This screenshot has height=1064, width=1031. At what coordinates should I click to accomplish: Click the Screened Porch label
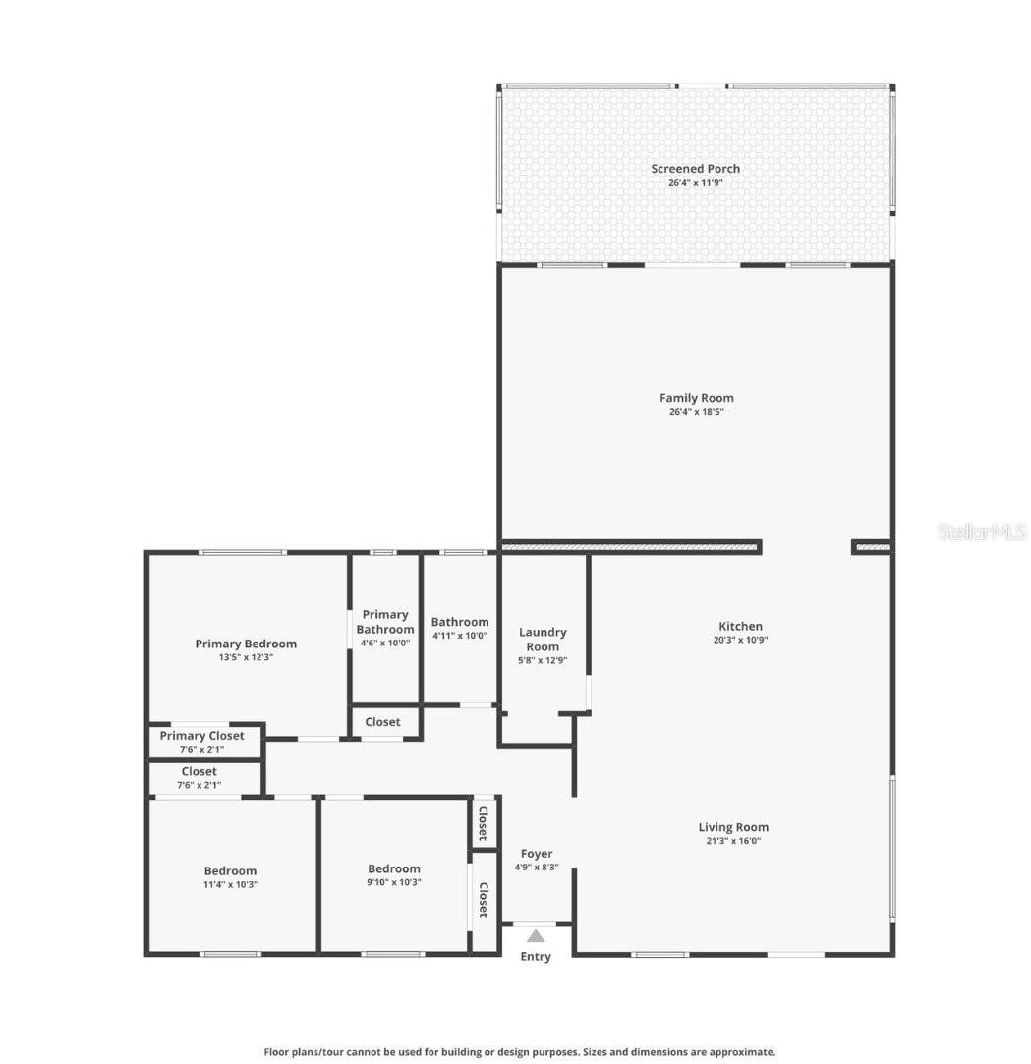(x=695, y=169)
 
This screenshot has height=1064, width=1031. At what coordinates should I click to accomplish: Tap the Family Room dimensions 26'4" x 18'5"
(x=696, y=412)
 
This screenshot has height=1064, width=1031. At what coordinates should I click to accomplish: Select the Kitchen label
(x=740, y=626)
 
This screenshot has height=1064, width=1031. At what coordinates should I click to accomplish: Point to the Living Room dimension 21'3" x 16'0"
(x=733, y=841)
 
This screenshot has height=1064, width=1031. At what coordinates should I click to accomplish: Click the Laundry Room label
(x=543, y=640)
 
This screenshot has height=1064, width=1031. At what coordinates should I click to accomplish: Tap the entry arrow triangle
(x=536, y=936)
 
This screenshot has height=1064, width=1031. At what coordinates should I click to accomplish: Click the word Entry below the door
(x=536, y=957)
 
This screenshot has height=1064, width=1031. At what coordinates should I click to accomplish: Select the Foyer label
(x=537, y=854)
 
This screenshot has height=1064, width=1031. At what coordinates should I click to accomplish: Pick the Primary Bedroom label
(x=246, y=644)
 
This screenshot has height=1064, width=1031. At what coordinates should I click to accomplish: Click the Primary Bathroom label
(x=385, y=622)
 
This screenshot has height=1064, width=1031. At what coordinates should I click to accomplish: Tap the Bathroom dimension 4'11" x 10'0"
(x=460, y=636)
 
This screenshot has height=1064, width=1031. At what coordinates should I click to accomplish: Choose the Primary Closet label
(x=202, y=736)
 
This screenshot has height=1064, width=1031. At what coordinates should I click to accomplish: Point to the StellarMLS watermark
(x=982, y=532)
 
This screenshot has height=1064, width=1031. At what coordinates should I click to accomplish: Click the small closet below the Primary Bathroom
(x=383, y=722)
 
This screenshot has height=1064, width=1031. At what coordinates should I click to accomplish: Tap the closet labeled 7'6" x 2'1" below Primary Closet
(x=200, y=778)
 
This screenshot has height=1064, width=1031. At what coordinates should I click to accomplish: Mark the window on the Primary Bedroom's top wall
(x=243, y=553)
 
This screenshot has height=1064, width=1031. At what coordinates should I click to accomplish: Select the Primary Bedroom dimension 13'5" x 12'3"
(x=246, y=658)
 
